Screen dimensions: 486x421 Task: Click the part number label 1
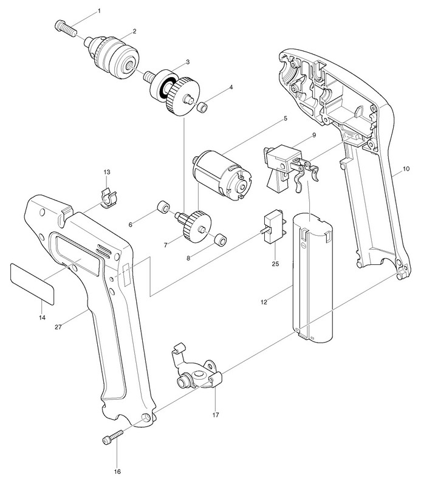pos(99,11)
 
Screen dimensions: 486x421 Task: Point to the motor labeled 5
pos(221,172)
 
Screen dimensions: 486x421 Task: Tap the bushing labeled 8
pos(220,239)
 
